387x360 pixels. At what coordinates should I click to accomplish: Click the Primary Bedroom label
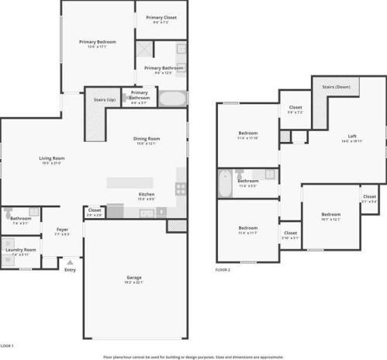point(98,41)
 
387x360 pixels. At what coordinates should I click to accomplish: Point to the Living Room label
point(51,158)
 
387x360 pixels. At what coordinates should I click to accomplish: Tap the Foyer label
point(62,229)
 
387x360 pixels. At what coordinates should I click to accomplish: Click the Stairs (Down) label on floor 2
point(337,87)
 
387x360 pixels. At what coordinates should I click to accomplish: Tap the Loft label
point(352,137)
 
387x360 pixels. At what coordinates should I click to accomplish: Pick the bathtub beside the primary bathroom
point(173,99)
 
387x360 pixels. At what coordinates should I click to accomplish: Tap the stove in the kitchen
point(181,187)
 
